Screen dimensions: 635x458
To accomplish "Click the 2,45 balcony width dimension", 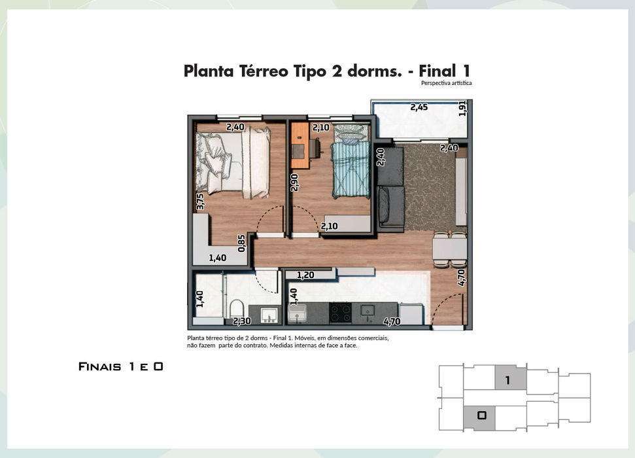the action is [419, 107].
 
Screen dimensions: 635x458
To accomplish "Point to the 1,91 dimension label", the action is [462, 109].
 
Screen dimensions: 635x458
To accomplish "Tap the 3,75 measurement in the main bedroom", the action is [200, 202].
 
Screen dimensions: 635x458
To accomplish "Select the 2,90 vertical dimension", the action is [294, 183].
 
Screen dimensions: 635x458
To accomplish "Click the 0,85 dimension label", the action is [242, 243].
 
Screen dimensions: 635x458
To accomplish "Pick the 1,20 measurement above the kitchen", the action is [305, 275].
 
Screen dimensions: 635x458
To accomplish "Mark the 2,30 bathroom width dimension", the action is [242, 321].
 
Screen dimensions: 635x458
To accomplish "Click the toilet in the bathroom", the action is [235, 309].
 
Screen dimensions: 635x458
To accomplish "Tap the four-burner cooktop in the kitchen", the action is [340, 313].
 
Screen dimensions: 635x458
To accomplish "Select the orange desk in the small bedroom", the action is [300, 145].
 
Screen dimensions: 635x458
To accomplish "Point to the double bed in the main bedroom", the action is [233, 163].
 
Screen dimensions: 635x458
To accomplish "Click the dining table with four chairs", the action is [449, 250].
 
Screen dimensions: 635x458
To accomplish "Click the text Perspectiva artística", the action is [446, 83].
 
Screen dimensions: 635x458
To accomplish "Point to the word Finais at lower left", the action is [99, 367].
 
